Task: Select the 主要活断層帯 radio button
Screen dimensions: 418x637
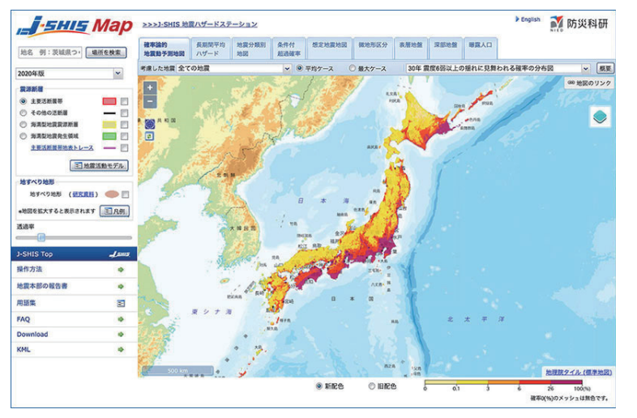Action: pyautogui.click(x=24, y=101)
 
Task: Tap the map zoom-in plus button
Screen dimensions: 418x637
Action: pyautogui.click(x=150, y=87)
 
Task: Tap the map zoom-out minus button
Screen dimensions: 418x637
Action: pyautogui.click(x=150, y=101)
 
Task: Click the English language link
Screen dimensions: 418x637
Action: pyautogui.click(x=528, y=19)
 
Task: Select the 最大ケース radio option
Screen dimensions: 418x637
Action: pyautogui.click(x=353, y=69)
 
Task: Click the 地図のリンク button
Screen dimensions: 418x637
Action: pyautogui.click(x=590, y=83)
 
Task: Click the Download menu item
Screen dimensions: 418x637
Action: pyautogui.click(x=32, y=334)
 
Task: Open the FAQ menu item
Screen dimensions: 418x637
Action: pyautogui.click(x=24, y=319)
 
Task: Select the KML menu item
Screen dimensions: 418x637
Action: pyautogui.click(x=24, y=349)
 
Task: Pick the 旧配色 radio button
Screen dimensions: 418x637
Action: pyautogui.click(x=373, y=386)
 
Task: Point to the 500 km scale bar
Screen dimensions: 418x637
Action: pyautogui.click(x=178, y=371)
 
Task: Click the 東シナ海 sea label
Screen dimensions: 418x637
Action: pyautogui.click(x=212, y=311)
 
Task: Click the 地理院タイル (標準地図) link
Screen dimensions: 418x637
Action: pyautogui.click(x=579, y=373)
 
